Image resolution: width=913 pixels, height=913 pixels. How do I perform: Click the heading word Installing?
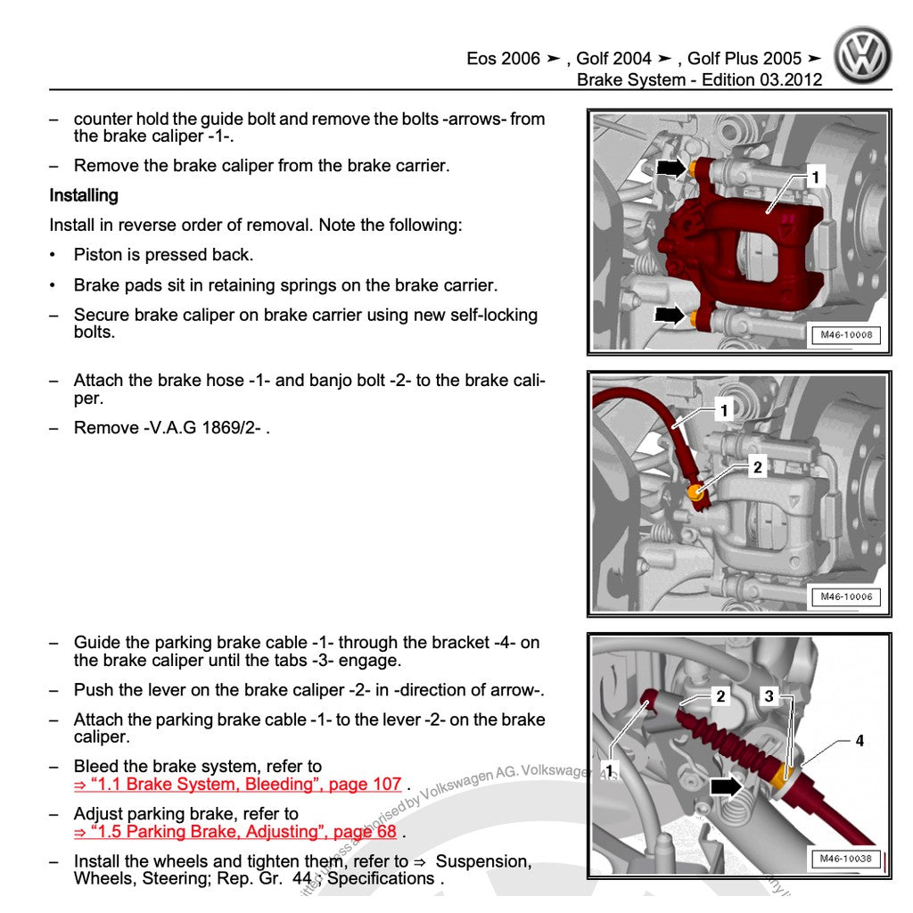[x=84, y=195]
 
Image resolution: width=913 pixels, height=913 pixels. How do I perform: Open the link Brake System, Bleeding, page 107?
[x=238, y=785]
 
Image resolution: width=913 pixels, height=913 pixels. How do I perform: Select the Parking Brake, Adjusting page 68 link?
[x=235, y=832]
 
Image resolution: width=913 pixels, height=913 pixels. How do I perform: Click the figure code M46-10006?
[x=845, y=596]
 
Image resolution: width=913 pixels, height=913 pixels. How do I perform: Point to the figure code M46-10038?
[x=845, y=859]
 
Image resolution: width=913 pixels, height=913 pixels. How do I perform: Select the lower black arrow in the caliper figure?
[x=670, y=314]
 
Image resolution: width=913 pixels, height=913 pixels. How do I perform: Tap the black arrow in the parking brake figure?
[x=725, y=786]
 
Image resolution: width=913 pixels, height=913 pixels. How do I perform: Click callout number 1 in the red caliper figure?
[x=815, y=177]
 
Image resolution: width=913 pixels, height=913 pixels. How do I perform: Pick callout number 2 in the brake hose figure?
[x=757, y=466]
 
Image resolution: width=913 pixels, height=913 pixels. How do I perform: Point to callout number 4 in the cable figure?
[x=860, y=741]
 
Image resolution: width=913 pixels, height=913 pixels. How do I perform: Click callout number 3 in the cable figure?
[x=769, y=696]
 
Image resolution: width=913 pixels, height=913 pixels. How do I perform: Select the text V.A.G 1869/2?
[x=204, y=428]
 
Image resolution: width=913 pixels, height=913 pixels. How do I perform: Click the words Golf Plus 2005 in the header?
[x=744, y=59]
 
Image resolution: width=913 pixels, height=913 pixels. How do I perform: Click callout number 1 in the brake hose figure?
[x=724, y=411]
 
